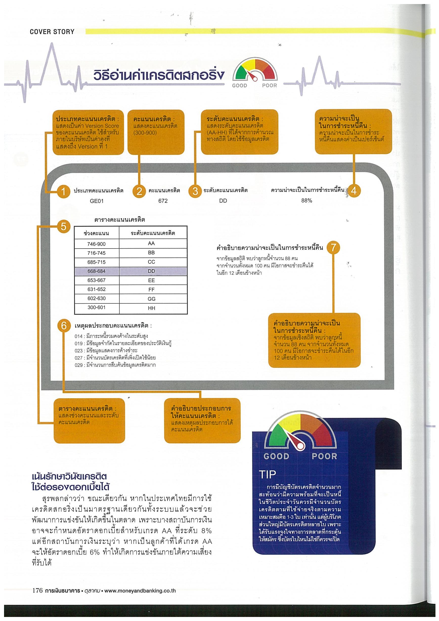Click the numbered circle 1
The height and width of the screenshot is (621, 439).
[63, 191]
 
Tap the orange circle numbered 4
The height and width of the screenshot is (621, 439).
[353, 191]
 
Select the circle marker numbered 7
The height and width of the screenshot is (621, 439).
[333, 247]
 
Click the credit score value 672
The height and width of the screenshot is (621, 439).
[163, 201]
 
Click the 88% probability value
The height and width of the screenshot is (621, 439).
[306, 201]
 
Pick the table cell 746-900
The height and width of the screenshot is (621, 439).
[97, 244]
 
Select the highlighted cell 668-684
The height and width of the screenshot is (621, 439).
[97, 271]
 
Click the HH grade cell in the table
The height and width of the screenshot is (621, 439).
[151, 308]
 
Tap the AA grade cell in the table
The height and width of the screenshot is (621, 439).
[151, 244]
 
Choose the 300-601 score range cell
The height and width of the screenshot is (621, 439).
[97, 307]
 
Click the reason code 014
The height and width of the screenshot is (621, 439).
[78, 337]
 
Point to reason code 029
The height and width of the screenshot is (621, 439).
[78, 365]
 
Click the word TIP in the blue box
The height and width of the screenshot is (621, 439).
[268, 474]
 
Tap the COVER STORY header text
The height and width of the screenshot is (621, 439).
[52, 32]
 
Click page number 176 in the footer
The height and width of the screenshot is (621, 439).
[38, 590]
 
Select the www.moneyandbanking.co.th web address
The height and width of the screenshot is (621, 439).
[140, 591]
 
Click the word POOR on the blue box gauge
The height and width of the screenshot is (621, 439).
[324, 457]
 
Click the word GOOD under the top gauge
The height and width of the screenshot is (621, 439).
[240, 86]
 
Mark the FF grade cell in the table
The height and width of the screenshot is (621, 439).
[151, 290]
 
